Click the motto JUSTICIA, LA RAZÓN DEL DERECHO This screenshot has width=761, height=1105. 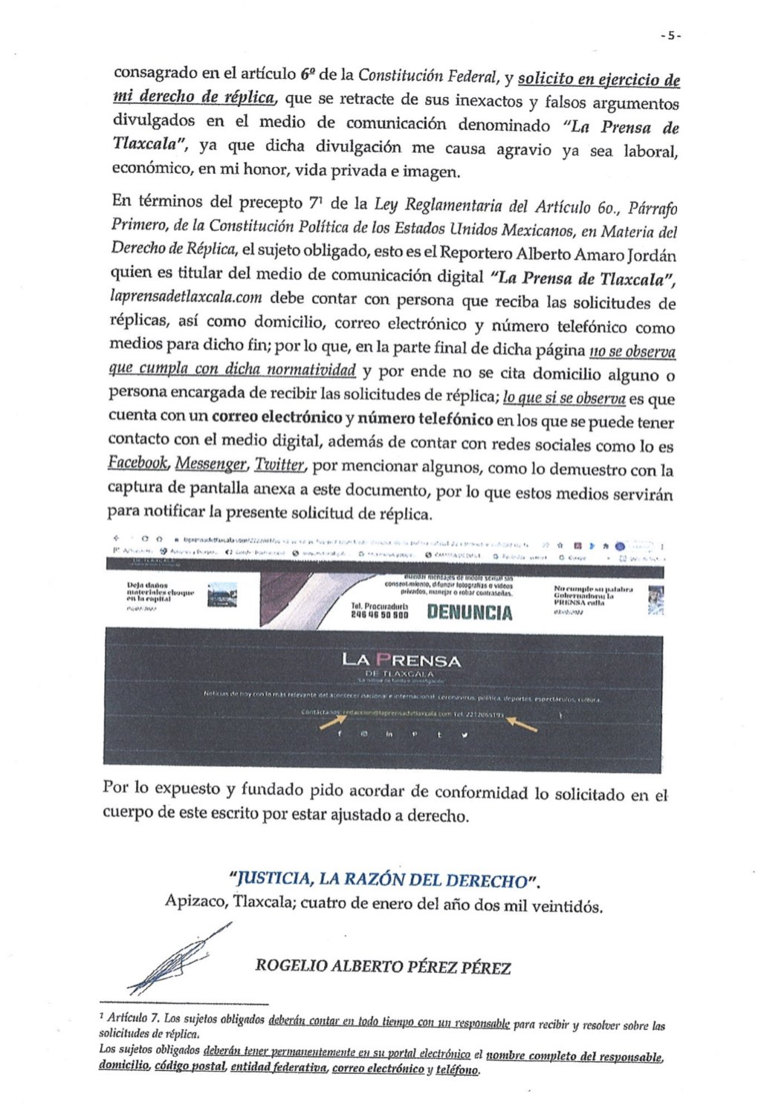(384, 880)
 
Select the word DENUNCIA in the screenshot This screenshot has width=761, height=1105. (470, 613)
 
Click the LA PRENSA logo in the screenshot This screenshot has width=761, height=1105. (401, 660)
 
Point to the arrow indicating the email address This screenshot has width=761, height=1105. (331, 720)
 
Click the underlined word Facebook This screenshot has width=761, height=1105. (138, 463)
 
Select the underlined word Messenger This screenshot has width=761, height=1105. (211, 465)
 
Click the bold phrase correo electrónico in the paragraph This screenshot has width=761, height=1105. (276, 417)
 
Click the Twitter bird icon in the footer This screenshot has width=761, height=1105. (464, 735)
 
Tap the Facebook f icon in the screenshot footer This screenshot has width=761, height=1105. (340, 734)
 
